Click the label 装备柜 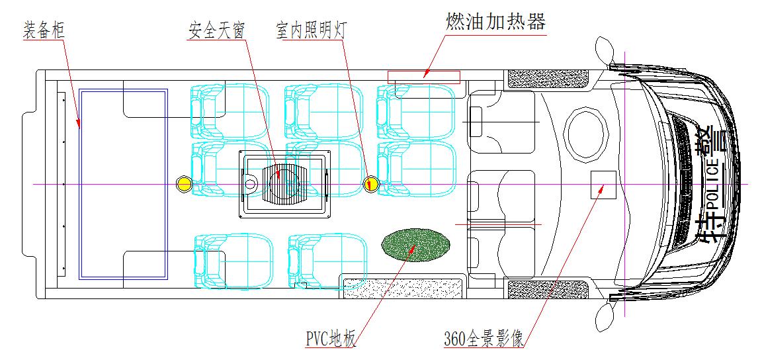44,30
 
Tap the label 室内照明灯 310,30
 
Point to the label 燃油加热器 496,22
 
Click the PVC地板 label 331,339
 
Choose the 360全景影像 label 484,339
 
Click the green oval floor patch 416,244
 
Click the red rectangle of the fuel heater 423,77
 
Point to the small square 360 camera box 603,183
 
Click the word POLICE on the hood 713,188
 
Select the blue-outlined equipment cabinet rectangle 123,183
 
